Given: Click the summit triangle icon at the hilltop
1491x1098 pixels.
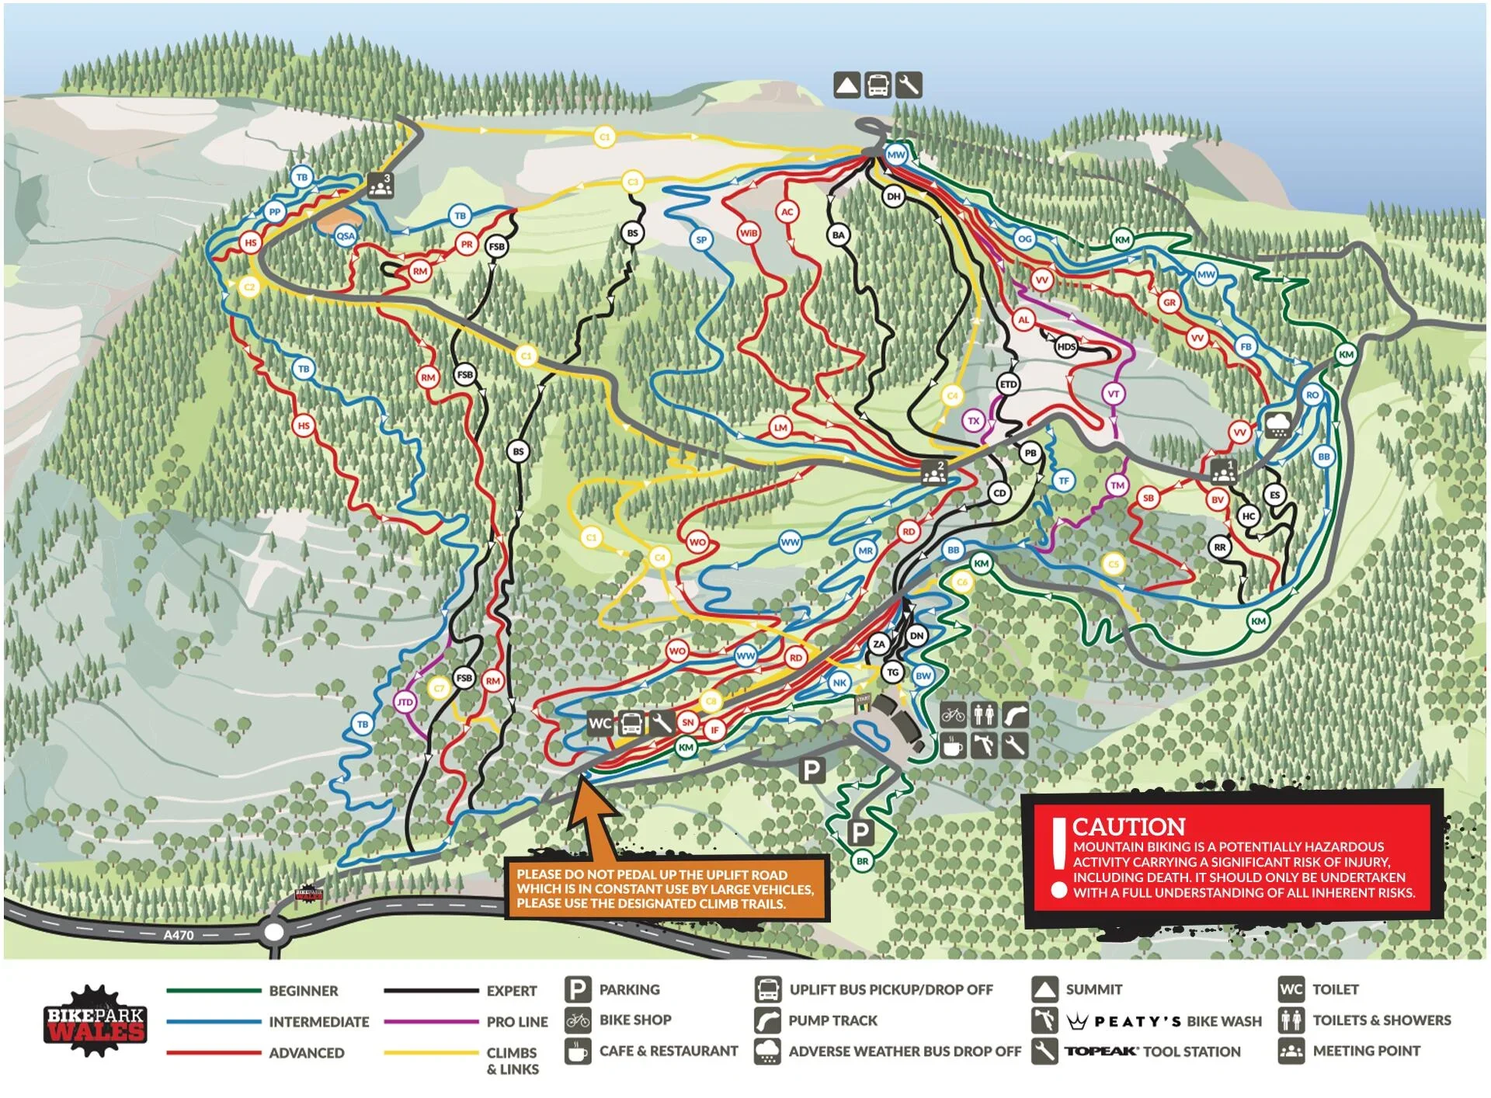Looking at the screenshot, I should (846, 85).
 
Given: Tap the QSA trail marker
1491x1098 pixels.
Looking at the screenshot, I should (346, 236).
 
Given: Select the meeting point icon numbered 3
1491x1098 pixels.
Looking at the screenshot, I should (380, 186).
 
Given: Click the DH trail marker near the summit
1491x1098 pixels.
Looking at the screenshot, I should (894, 196).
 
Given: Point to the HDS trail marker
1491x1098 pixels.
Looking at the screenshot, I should (1066, 346).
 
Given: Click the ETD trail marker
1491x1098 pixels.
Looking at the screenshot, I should (1008, 384).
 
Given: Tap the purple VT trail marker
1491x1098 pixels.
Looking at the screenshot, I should (1113, 394).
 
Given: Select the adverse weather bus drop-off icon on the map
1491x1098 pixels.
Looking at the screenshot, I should (1278, 425).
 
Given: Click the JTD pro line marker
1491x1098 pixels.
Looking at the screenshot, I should (405, 702).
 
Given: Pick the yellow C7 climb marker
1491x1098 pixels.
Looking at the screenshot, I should (439, 688).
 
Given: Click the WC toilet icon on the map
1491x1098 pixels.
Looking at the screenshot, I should (600, 724).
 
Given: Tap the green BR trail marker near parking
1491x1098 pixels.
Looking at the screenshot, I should (862, 860).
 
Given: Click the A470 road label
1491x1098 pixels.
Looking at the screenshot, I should (179, 935).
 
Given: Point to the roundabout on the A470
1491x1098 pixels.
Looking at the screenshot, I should (274, 932).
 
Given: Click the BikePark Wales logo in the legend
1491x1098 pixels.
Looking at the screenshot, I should (95, 1022).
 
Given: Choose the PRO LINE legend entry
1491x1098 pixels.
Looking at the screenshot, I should (516, 1022).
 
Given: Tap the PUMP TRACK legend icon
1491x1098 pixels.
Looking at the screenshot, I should (767, 1020).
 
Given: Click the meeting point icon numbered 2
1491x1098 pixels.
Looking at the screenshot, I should (933, 471).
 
